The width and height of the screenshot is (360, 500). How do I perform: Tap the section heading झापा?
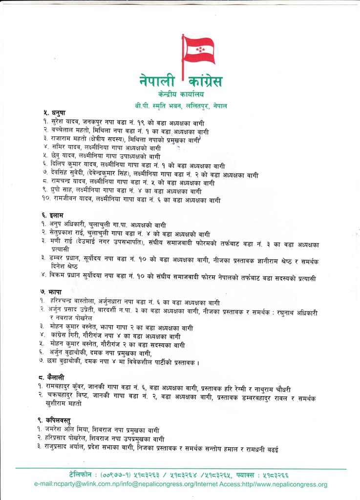[51, 292]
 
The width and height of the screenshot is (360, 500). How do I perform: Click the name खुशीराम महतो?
[64, 404]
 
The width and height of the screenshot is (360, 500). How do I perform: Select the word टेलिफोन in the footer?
[85, 475]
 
